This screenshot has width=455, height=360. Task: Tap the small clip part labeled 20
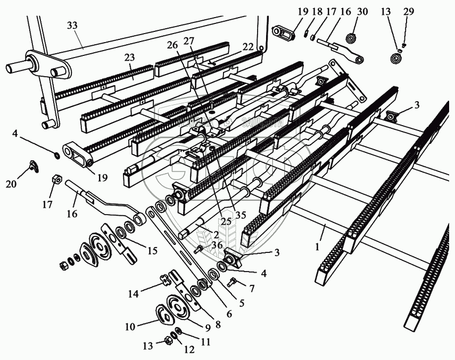[35, 167]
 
